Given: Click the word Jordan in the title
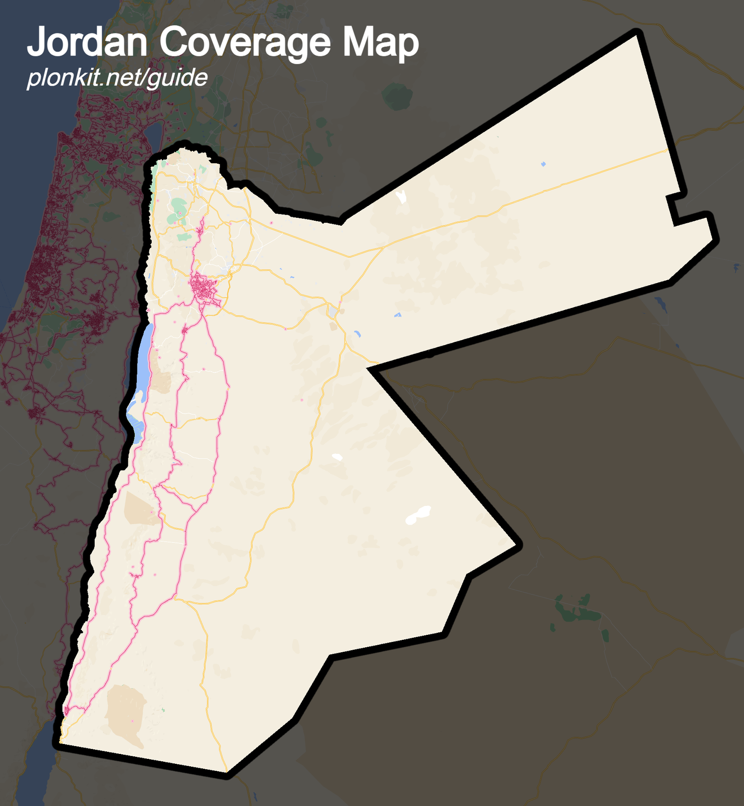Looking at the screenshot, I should click(x=87, y=43).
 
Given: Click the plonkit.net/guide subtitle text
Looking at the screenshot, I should click(x=117, y=78).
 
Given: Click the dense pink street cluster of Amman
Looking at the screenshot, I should click(x=203, y=288).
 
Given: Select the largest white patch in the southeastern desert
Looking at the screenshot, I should click(x=418, y=515).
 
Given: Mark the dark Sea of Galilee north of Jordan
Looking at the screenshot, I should click(x=154, y=134).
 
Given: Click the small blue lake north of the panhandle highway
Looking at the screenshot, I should click(x=543, y=164).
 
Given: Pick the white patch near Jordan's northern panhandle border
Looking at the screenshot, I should click(x=401, y=196).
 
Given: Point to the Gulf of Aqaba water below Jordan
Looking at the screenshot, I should click(x=35, y=774).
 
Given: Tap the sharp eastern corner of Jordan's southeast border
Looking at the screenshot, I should click(x=518, y=545).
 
